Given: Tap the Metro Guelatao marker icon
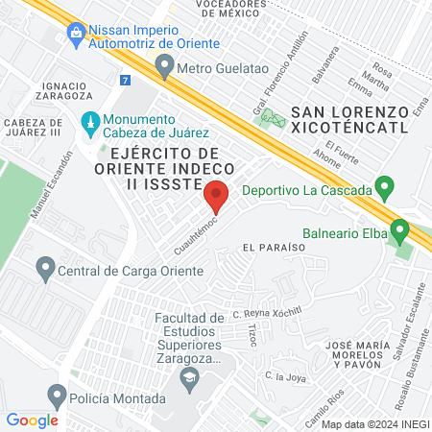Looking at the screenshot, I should [164, 67].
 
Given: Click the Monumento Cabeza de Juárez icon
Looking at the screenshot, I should [89, 123].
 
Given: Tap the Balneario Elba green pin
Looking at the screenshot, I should [400, 231].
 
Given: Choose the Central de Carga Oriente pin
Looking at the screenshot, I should [44, 270].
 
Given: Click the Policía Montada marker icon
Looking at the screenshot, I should [58, 395].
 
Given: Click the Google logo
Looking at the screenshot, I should [33, 420].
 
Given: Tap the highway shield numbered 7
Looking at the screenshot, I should [126, 80].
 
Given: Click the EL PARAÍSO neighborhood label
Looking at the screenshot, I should [274, 247].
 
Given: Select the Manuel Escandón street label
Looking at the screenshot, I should [52, 183].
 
